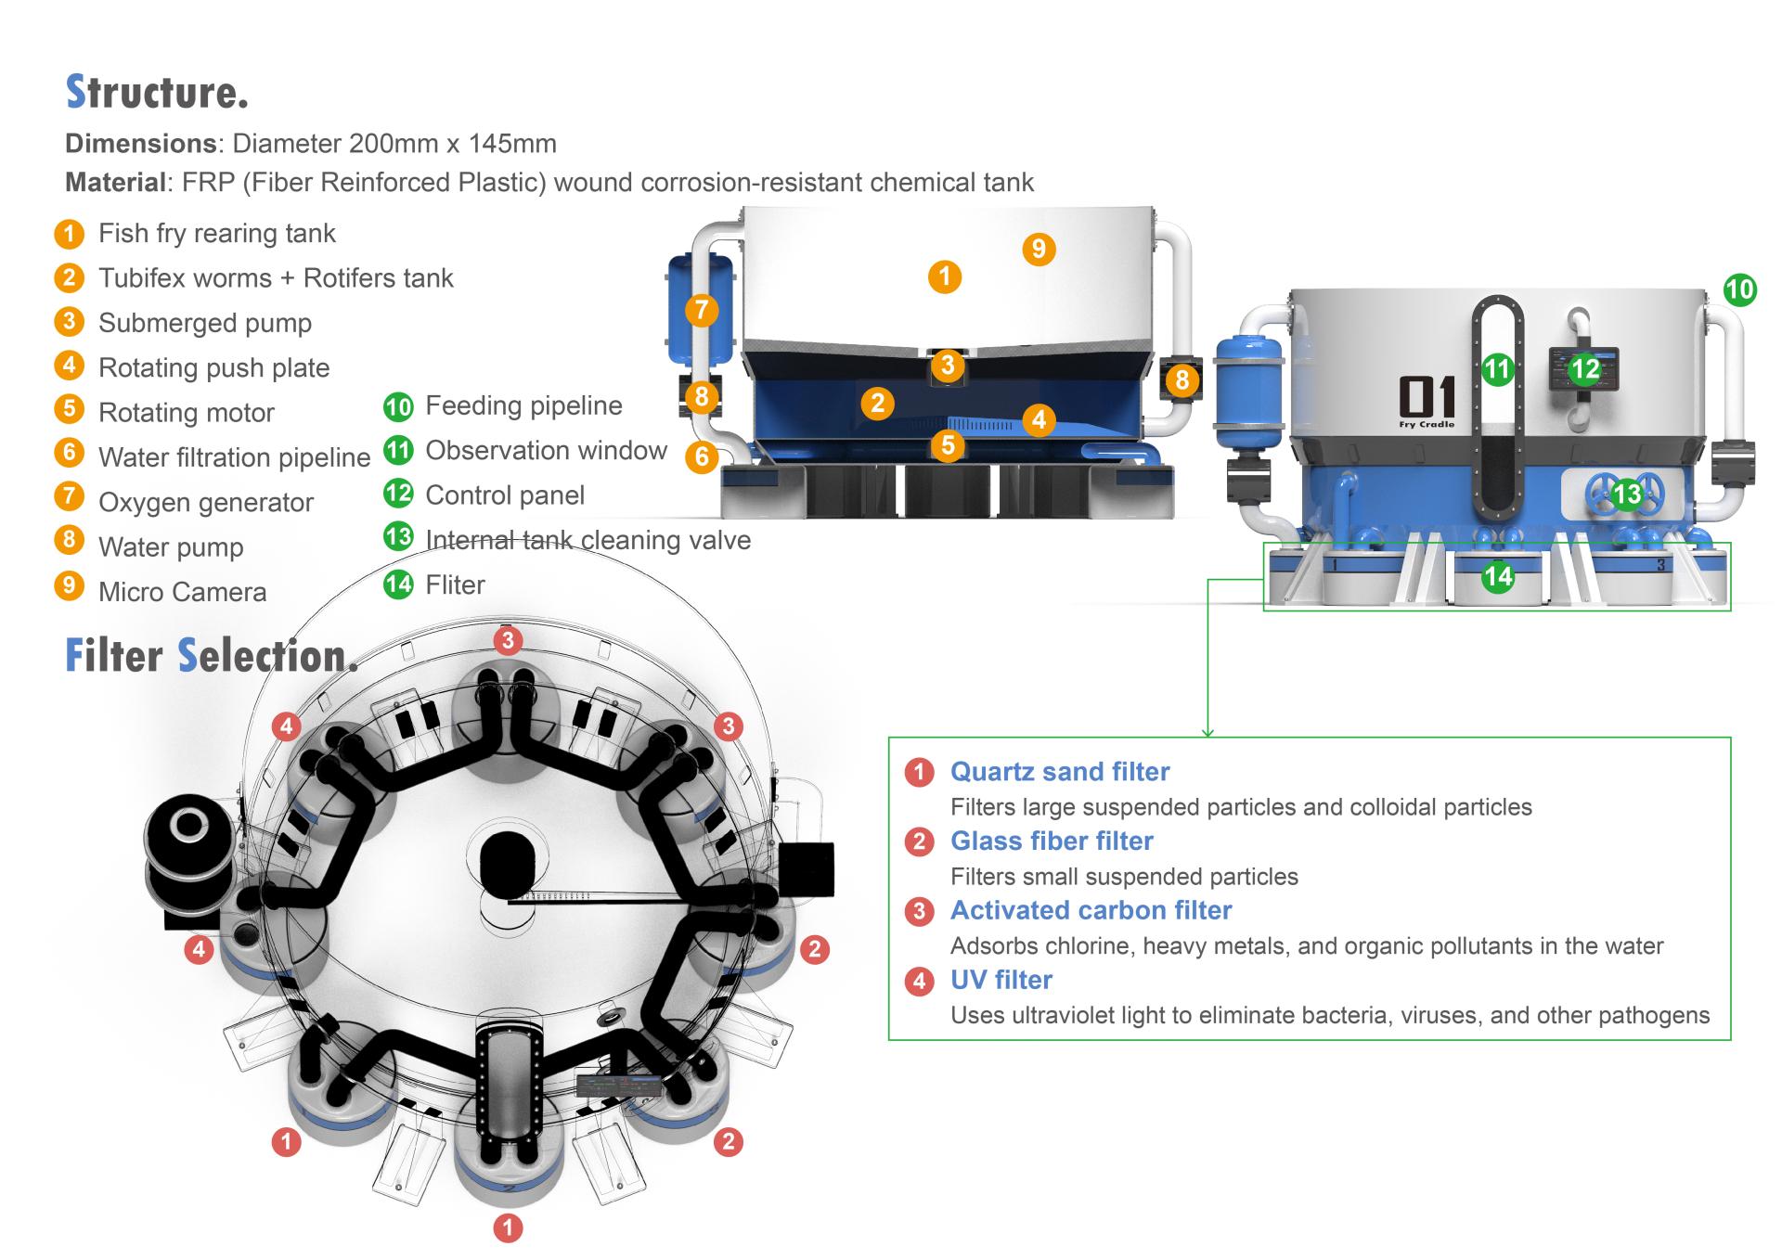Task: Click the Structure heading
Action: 157,92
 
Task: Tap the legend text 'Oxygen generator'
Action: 206,503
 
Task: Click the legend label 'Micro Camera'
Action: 182,592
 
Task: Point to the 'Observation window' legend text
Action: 546,451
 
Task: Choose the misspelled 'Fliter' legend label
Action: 455,585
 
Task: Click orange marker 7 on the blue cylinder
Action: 702,310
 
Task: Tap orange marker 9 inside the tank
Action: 1039,249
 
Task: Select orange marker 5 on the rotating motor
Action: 948,445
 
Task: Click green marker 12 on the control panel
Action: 1585,369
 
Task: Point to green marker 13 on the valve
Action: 1626,495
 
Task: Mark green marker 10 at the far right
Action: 1739,290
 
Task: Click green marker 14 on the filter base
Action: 1498,577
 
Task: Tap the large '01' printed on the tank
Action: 1427,397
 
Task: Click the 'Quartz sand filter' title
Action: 1060,772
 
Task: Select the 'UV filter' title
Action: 1001,981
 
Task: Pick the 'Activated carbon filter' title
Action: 1091,911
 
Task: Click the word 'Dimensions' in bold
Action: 140,144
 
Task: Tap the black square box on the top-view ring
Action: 806,869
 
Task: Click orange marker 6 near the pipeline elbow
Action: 702,456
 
